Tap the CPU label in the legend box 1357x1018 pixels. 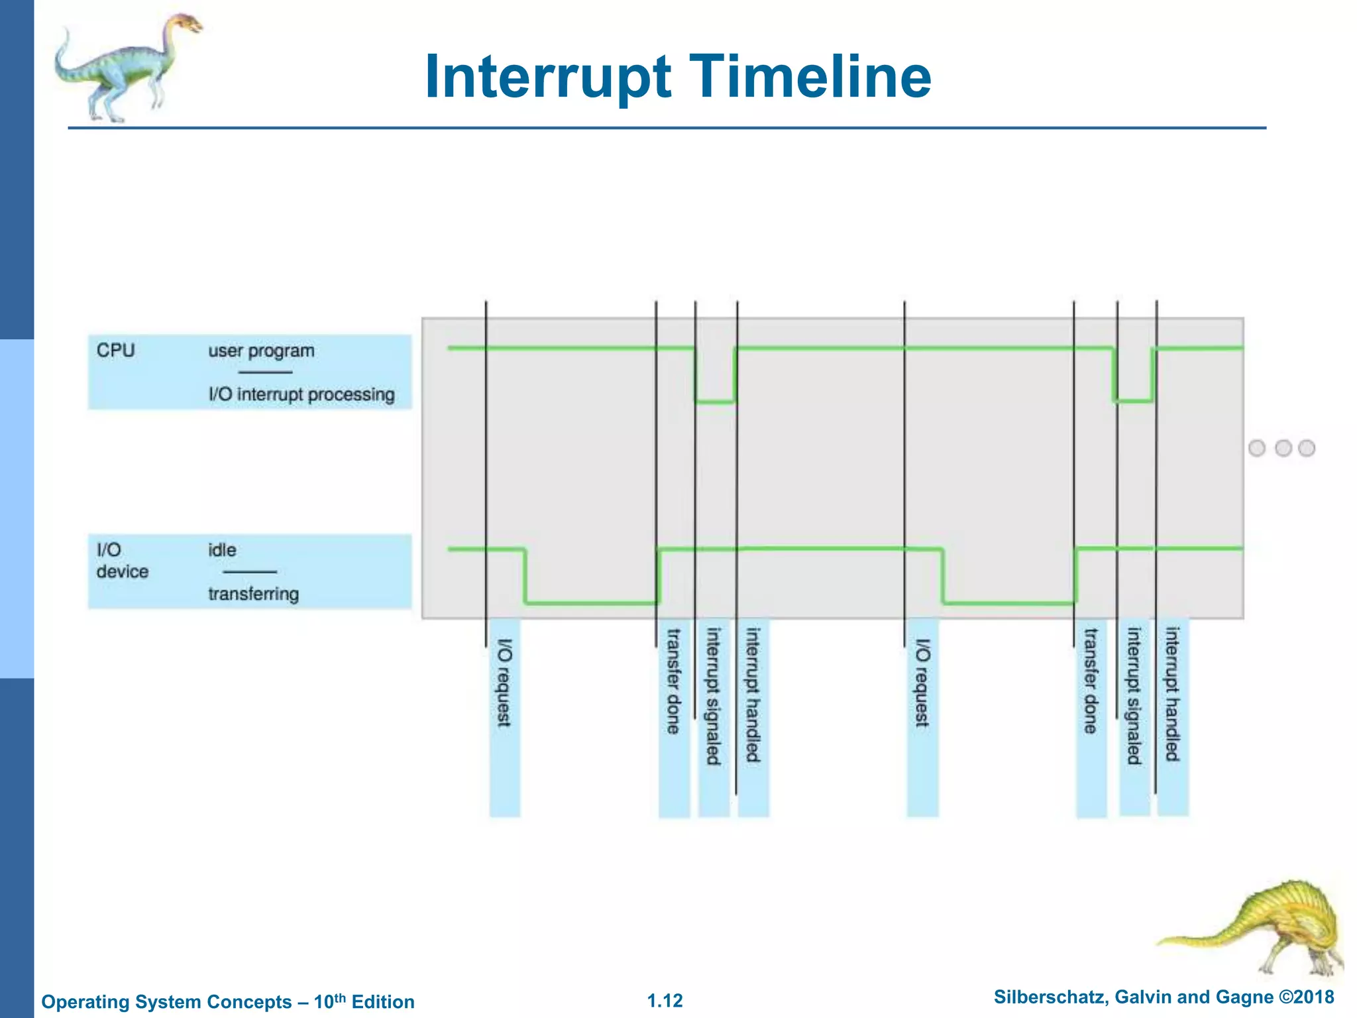[115, 350]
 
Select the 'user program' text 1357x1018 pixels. [261, 351]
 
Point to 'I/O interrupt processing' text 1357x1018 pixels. [301, 394]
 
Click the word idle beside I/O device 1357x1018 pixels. [222, 550]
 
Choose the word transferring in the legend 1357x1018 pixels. [253, 594]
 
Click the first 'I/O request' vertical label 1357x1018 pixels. [504, 683]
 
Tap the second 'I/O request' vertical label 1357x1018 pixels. [922, 683]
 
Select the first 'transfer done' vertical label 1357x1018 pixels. [673, 681]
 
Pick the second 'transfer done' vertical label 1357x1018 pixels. [1091, 681]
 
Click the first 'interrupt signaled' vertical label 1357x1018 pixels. [713, 696]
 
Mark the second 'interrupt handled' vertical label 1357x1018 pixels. [1172, 695]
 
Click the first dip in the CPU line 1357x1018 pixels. [715, 400]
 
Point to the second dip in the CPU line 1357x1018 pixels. [1134, 400]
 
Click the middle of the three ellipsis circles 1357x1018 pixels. [1283, 448]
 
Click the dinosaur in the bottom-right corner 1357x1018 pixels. [1272, 928]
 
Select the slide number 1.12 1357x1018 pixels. [665, 1001]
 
